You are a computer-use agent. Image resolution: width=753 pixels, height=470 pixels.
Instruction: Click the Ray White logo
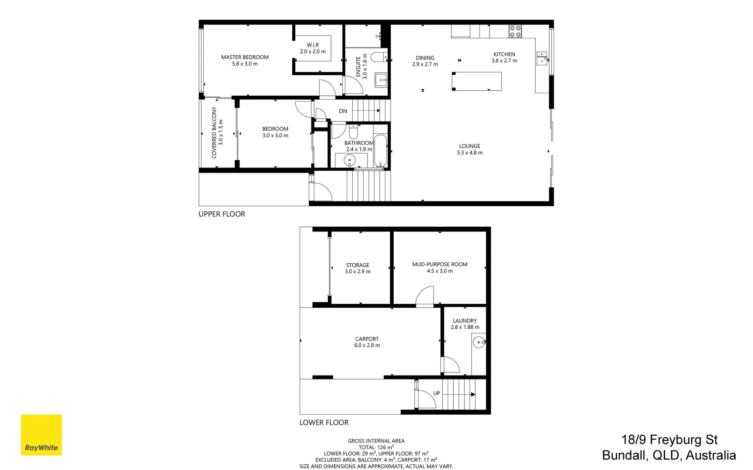pyautogui.click(x=41, y=435)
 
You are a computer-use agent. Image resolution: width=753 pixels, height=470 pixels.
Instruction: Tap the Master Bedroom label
pyautogui.click(x=245, y=57)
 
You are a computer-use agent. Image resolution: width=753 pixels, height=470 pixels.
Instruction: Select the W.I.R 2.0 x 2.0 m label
pyautogui.click(x=313, y=48)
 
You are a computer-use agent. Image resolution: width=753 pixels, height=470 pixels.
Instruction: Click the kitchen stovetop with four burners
pyautogui.click(x=515, y=31)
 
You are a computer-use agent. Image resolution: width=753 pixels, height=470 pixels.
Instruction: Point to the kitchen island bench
pyautogui.click(x=477, y=81)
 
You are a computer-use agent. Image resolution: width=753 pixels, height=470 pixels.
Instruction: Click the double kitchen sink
pyautogui.click(x=542, y=58)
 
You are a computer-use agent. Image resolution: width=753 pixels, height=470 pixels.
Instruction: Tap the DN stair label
pyautogui.click(x=343, y=111)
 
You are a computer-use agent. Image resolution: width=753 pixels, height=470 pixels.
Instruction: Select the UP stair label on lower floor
pyautogui.click(x=436, y=393)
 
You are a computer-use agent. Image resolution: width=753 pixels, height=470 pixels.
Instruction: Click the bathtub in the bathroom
pyautogui.click(x=380, y=151)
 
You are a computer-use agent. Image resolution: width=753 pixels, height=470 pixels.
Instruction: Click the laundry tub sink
pyautogui.click(x=479, y=342)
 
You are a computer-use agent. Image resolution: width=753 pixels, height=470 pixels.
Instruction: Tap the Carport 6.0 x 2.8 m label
pyautogui.click(x=367, y=342)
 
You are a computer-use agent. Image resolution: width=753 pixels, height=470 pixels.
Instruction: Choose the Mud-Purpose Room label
pyautogui.click(x=439, y=264)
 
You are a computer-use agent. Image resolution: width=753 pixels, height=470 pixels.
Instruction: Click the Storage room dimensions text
pyautogui.click(x=358, y=272)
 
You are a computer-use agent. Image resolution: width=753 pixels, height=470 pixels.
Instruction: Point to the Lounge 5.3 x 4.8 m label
pyautogui.click(x=469, y=149)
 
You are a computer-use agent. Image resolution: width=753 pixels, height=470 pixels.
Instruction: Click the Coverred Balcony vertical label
pyautogui.click(x=214, y=133)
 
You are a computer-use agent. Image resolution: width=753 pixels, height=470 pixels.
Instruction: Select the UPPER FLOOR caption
pyautogui.click(x=222, y=214)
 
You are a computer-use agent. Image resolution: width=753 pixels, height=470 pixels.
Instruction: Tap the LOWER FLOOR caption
pyautogui.click(x=324, y=423)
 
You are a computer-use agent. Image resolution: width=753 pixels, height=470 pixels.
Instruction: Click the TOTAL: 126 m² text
pyautogui.click(x=376, y=447)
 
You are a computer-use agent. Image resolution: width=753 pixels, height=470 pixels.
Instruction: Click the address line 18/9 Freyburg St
pyautogui.click(x=669, y=440)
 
